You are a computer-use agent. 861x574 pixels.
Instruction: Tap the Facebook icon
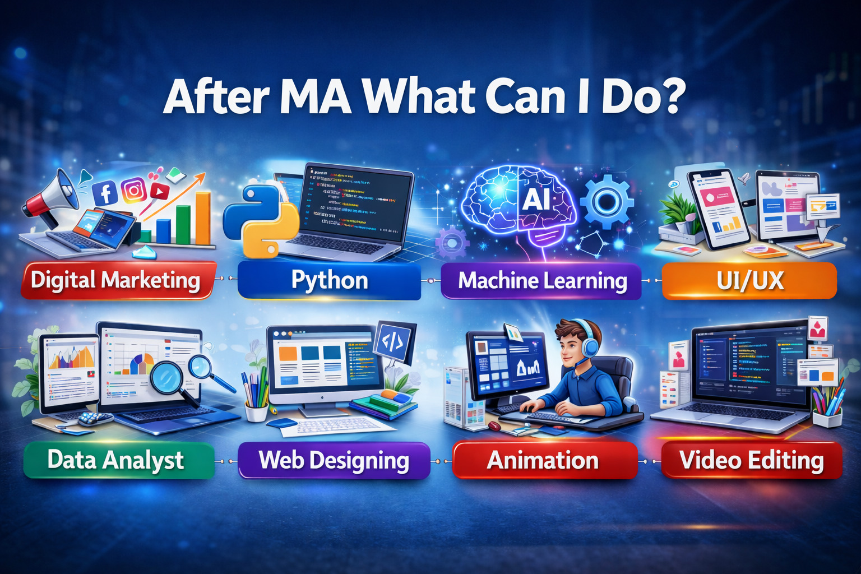tap(105, 193)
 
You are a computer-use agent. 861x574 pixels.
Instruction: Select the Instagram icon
tap(134, 191)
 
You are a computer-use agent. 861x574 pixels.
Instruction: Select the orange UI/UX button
tap(749, 280)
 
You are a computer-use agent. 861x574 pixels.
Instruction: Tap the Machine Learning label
tap(541, 280)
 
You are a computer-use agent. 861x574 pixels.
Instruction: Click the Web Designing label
tap(334, 460)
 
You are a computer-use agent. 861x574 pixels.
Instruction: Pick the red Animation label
tap(543, 460)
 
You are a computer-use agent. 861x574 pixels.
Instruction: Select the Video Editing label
tap(751, 460)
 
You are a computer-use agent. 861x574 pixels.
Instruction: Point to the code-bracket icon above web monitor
tap(392, 341)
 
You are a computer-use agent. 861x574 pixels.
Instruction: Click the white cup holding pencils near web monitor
tap(256, 411)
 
